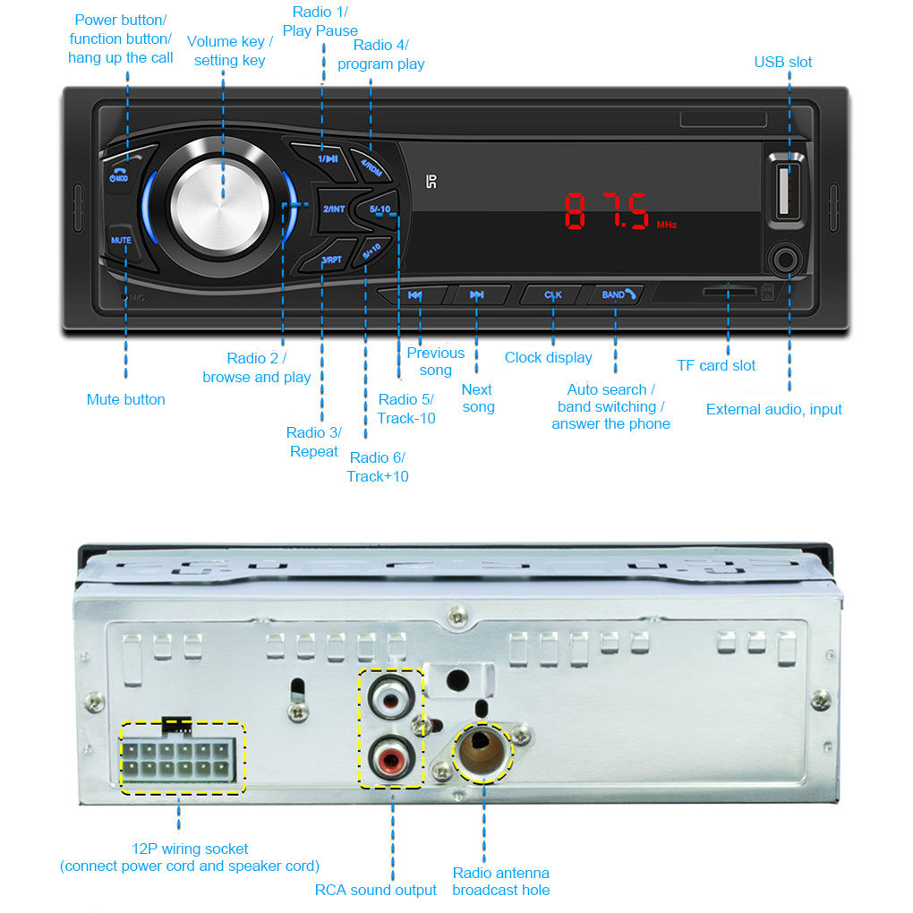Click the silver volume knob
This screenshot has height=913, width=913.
coord(219,201)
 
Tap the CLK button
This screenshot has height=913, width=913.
coord(552,294)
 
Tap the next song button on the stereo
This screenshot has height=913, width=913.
coord(477,294)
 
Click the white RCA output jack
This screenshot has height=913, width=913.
coord(391,695)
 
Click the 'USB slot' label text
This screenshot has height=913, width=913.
coord(783,62)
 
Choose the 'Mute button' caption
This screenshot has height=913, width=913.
coord(125,399)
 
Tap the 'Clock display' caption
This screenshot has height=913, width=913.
coord(548,357)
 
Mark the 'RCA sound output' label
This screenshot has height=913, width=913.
coord(376,890)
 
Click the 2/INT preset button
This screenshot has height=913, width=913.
coord(334,209)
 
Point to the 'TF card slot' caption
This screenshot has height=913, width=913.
coord(716,365)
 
